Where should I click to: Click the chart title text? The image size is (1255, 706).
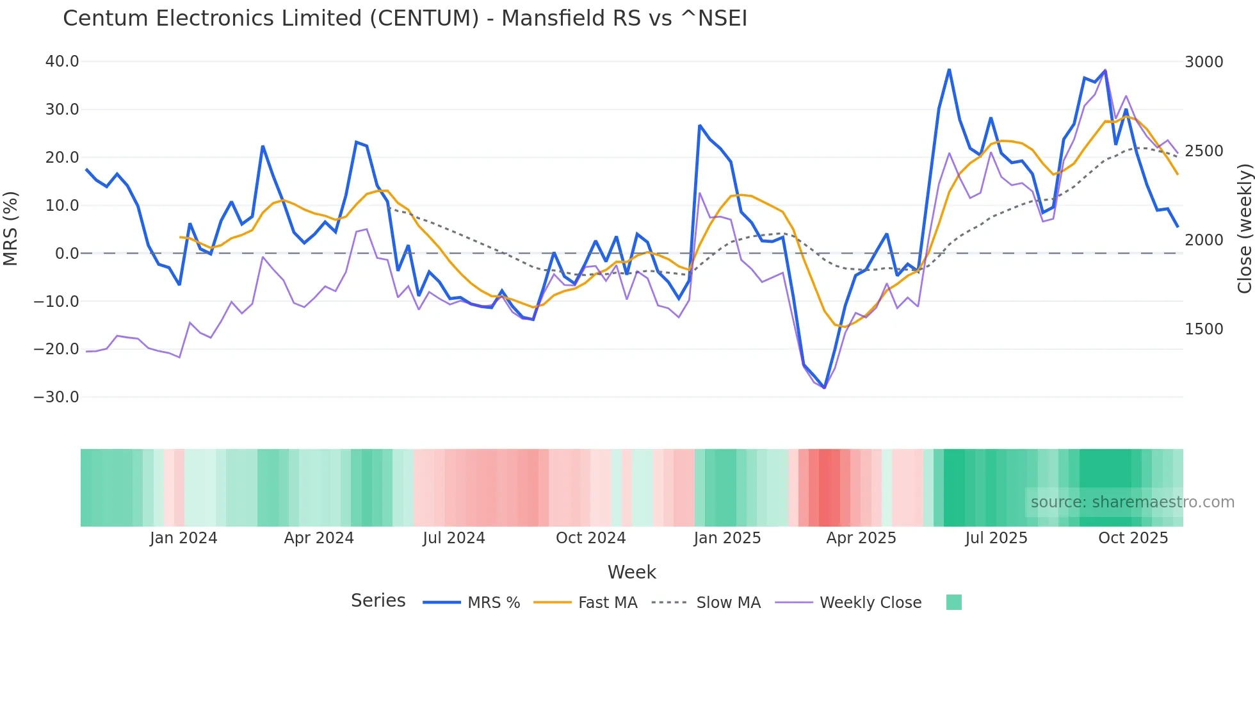405,19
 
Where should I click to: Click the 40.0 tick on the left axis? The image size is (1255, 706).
62,62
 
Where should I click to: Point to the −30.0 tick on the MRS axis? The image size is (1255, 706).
56,397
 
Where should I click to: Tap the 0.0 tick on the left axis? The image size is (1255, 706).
67,254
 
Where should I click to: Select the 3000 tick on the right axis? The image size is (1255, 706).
1204,62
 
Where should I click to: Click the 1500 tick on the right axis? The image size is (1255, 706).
1204,329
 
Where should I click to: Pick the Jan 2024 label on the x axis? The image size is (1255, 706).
183,538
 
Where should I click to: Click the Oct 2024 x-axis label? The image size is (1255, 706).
590,538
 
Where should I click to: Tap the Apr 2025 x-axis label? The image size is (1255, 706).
861,538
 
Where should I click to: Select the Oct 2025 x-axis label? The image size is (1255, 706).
1133,538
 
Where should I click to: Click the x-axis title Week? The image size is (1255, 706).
631,572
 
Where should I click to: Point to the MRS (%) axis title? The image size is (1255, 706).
11,229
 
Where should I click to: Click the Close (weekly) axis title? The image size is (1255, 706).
1244,229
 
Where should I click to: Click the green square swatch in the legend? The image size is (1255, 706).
953,602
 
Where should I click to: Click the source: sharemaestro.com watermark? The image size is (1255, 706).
1132,502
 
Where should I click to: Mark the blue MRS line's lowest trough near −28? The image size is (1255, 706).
824,388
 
